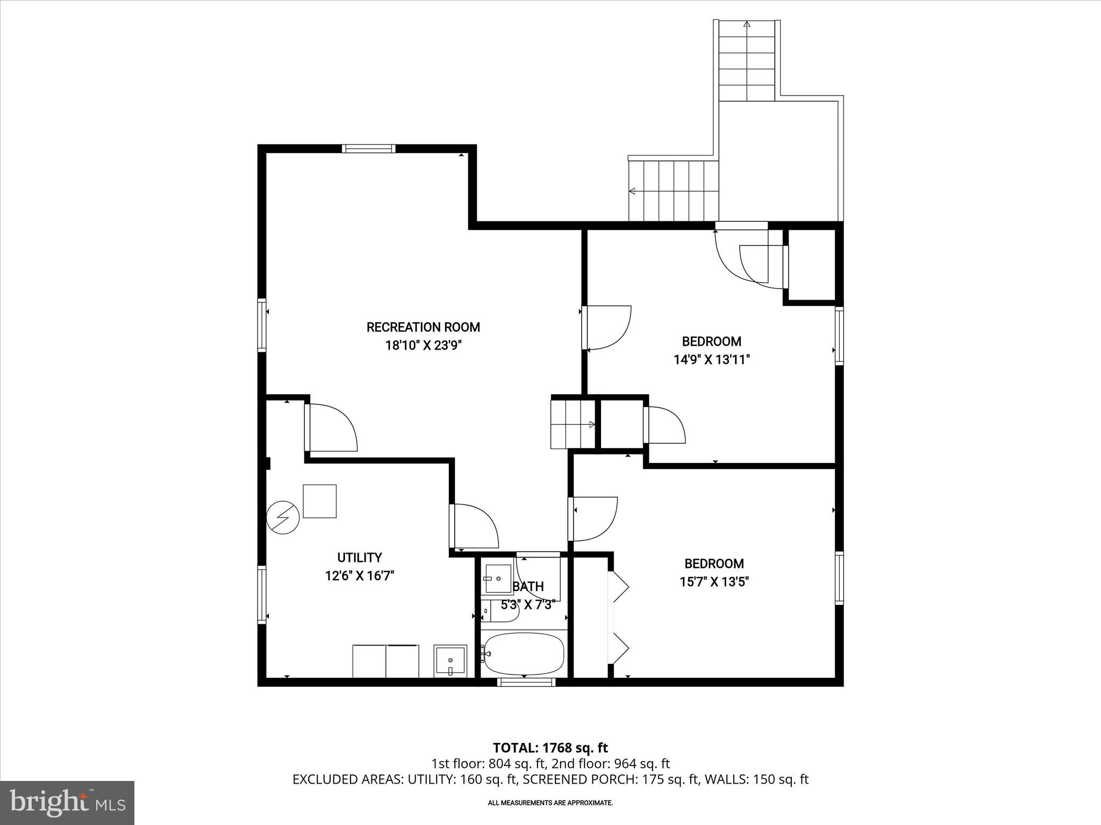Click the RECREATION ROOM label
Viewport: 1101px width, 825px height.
(423, 327)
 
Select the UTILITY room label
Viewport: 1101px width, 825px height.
(359, 558)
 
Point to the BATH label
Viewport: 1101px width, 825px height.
(529, 587)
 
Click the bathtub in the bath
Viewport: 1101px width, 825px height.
(524, 653)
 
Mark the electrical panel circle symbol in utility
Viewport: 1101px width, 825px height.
(283, 518)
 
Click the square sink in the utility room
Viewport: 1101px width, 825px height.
(450, 661)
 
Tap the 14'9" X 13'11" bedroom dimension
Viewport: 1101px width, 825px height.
(711, 360)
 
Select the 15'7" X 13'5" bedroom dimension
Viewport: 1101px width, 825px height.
(714, 582)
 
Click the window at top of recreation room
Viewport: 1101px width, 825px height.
(369, 149)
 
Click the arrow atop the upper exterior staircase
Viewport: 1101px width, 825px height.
(747, 24)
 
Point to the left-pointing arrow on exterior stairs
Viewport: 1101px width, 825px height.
(632, 191)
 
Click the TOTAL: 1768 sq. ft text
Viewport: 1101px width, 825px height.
(550, 748)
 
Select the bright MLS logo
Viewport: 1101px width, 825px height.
(67, 802)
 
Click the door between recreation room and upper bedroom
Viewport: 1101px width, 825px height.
(607, 328)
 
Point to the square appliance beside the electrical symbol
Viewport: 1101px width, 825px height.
(319, 501)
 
